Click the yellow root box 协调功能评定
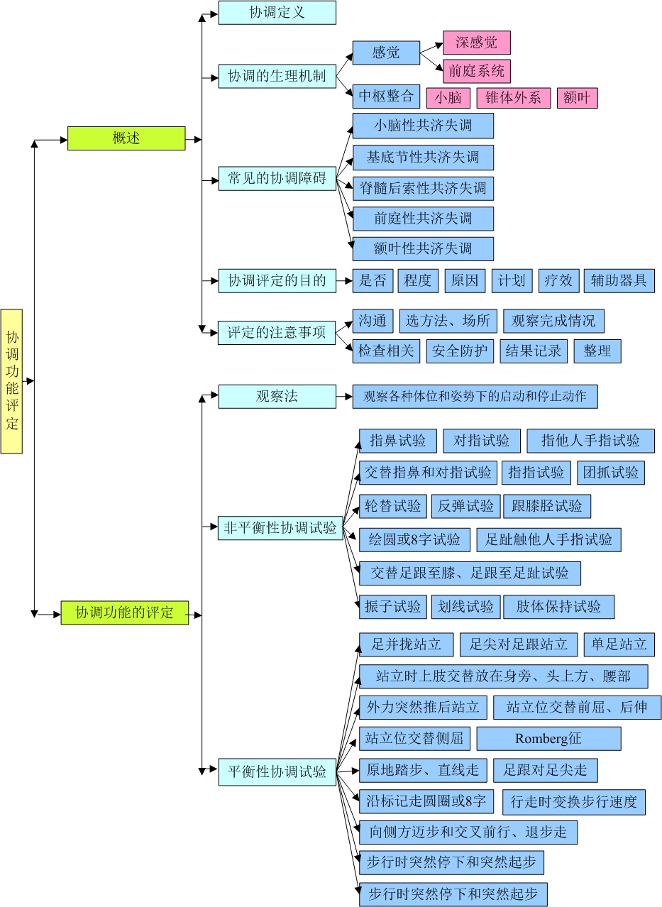(x=11, y=381)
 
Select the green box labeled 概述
(x=126, y=138)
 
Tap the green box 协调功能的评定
(x=125, y=612)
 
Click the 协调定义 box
(x=277, y=13)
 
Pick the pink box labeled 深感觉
(x=476, y=43)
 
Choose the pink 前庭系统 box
(x=476, y=71)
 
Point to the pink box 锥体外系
(x=513, y=98)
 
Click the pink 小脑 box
(x=448, y=98)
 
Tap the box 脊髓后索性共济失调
(x=423, y=189)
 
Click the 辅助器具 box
(x=619, y=281)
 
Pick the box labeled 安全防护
(x=460, y=351)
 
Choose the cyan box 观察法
(x=277, y=397)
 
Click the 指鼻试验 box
(x=397, y=441)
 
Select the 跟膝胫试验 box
(x=547, y=506)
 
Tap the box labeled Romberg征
(x=548, y=739)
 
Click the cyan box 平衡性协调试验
(x=277, y=771)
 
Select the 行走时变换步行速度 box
(x=573, y=803)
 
